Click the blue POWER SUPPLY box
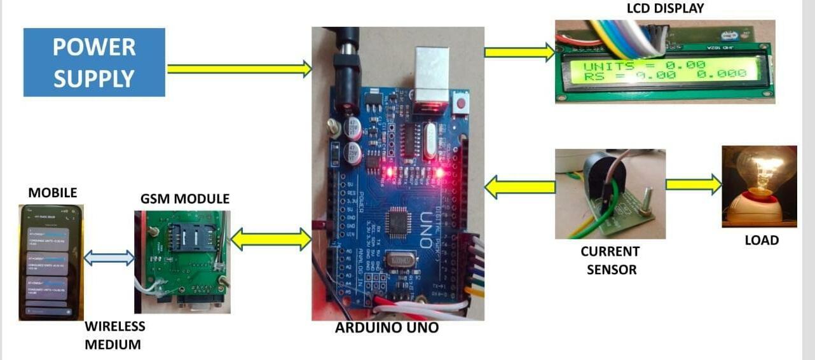[94, 62]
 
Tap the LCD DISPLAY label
[665, 8]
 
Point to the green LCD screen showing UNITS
[664, 70]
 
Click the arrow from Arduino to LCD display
[519, 52]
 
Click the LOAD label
[761, 240]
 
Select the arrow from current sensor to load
[694, 184]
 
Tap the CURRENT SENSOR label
[610, 260]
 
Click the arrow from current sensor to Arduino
[519, 187]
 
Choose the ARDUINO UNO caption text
[387, 329]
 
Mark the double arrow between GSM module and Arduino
[271, 239]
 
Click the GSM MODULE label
[185, 199]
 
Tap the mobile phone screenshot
[51, 261]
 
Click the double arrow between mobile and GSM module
[109, 258]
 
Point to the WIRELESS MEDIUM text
[114, 335]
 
